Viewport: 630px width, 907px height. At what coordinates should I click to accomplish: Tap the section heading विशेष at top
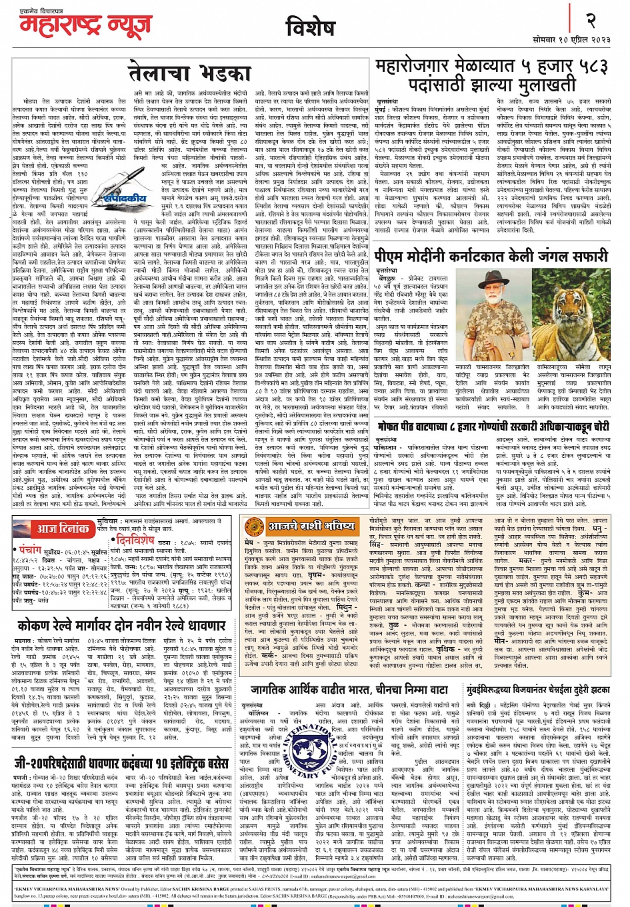(309, 29)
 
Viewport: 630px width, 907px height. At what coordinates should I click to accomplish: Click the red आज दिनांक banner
(54, 529)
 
